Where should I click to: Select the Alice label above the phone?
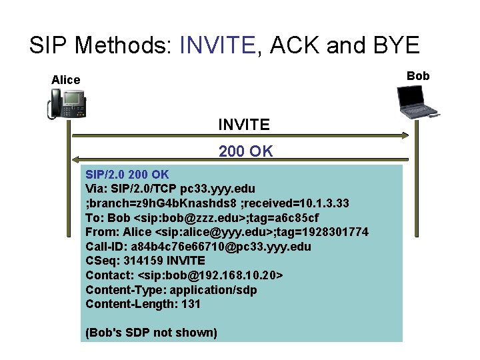click(65, 80)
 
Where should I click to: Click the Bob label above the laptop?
click(418, 76)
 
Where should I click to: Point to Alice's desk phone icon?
click(67, 105)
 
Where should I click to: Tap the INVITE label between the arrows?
click(244, 125)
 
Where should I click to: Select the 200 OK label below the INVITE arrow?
click(245, 151)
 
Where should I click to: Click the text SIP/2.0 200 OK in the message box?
click(127, 175)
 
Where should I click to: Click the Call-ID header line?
click(198, 246)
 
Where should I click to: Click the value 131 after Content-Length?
click(191, 304)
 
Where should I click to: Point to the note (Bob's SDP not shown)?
click(151, 332)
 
